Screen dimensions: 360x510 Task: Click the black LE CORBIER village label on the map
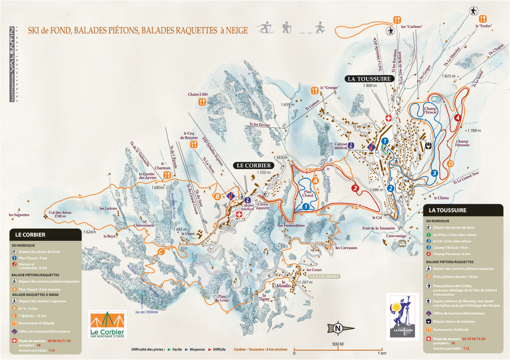tap(255, 165)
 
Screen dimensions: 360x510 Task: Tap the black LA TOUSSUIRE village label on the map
tap(370, 78)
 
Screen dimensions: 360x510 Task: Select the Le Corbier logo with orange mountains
tap(107, 324)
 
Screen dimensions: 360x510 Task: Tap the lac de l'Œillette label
tap(147, 311)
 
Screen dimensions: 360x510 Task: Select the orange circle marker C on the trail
tap(161, 251)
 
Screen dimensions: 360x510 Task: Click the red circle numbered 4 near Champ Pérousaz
tap(457, 118)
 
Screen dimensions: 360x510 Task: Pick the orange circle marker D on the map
tap(450, 164)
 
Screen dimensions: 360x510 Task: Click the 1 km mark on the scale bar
tap(381, 353)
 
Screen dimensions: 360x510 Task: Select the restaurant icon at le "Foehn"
tap(483, 19)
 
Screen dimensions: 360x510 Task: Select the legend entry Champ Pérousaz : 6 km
tap(451, 254)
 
